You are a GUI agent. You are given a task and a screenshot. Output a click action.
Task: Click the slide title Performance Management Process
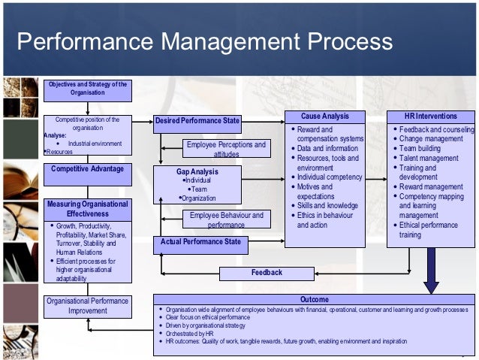point(204,41)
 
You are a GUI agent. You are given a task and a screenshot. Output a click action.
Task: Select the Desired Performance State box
point(197,120)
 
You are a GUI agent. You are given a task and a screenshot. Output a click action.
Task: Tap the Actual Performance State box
point(200,242)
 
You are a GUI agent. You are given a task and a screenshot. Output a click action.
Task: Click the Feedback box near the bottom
point(267,273)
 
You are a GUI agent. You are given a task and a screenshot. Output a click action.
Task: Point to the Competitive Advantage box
point(87,169)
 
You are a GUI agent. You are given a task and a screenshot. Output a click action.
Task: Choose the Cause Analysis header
point(324,116)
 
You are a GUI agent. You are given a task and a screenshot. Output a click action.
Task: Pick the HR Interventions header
point(430,116)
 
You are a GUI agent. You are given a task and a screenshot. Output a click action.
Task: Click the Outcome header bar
point(314,299)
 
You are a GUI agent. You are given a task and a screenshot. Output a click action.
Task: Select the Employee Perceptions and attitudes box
point(226,149)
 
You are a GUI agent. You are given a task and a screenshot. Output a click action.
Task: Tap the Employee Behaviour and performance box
point(226,219)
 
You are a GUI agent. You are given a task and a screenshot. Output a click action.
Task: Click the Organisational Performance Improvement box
point(87,306)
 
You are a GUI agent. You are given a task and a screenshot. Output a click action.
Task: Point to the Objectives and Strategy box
point(87,88)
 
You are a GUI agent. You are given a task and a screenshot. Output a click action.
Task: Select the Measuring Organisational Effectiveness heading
point(87,208)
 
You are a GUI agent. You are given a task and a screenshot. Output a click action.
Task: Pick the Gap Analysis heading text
point(197,172)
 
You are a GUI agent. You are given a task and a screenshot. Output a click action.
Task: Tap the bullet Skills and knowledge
point(327,205)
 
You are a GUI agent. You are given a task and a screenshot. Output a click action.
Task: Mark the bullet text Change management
point(430,139)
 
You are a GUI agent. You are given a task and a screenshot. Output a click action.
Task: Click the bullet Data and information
point(327,149)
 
